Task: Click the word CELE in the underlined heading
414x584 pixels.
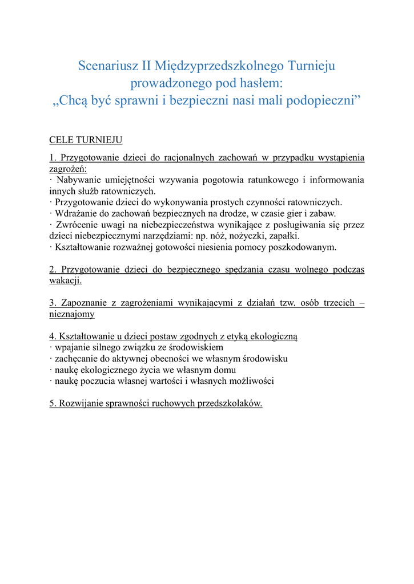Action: pyautogui.click(x=61, y=140)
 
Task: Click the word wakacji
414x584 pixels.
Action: pyautogui.click(x=65, y=281)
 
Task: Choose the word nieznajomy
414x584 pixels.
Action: pyautogui.click(x=72, y=314)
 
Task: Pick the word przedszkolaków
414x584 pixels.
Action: pyautogui.click(x=230, y=403)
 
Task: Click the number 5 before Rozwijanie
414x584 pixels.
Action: pyautogui.click(x=52, y=403)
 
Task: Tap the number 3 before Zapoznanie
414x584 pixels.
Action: pyautogui.click(x=52, y=303)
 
